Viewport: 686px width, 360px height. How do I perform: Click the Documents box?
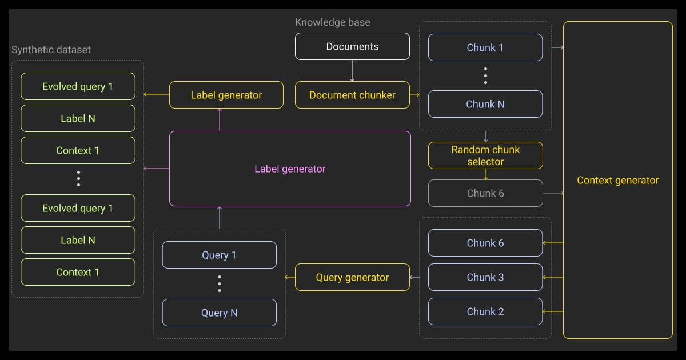[352, 46]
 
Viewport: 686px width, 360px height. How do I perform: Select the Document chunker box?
[352, 95]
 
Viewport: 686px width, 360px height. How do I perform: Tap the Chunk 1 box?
[485, 47]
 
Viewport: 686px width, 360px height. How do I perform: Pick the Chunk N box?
[485, 104]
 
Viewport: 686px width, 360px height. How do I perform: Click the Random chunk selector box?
[485, 155]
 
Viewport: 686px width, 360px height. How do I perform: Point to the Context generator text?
[617, 180]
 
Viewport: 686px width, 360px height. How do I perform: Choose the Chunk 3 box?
[485, 277]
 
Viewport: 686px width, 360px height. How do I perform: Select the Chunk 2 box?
[485, 311]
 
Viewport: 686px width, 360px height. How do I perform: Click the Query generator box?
[352, 278]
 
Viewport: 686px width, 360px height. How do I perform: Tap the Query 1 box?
[219, 255]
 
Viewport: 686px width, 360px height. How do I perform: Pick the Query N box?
[219, 313]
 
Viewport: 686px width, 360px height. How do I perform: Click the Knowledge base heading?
[332, 22]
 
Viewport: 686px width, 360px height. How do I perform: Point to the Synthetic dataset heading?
[51, 50]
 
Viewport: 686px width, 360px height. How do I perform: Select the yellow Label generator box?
[226, 95]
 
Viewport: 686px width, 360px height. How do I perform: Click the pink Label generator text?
[290, 169]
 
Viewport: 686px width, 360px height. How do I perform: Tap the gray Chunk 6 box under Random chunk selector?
[485, 193]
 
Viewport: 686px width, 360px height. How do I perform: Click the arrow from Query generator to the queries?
[290, 278]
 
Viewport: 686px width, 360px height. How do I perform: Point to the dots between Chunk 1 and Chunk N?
[485, 75]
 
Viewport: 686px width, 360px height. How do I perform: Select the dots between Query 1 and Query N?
[220, 283]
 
